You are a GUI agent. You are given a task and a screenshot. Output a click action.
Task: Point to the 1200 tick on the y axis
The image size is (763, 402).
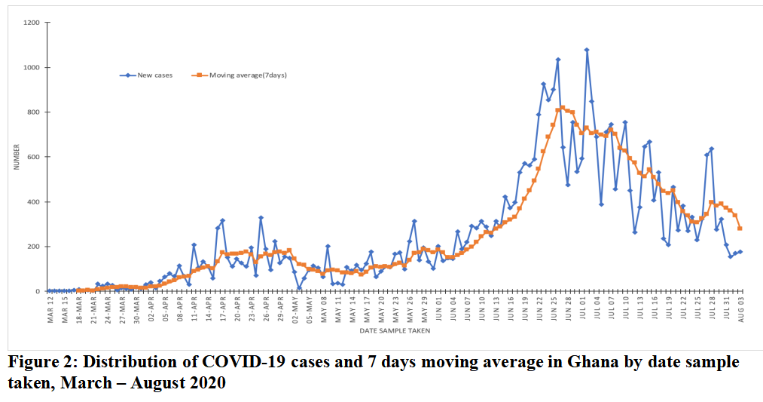coord(31,23)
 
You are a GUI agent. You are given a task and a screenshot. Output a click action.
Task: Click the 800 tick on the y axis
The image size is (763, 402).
coord(33,112)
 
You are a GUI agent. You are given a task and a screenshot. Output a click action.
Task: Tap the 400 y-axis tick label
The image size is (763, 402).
coord(33,202)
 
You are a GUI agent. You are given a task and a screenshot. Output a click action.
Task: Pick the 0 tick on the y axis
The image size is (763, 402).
coord(37,291)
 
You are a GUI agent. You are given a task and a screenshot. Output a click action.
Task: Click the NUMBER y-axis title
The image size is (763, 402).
coord(16,157)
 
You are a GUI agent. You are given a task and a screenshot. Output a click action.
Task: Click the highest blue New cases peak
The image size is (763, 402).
coord(586,51)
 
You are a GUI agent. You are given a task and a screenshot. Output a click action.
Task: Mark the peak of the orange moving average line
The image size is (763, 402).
coord(562,108)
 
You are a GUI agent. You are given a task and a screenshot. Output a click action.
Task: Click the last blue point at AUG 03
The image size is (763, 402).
coord(740,252)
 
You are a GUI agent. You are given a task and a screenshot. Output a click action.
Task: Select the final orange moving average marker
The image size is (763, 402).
coord(740,229)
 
